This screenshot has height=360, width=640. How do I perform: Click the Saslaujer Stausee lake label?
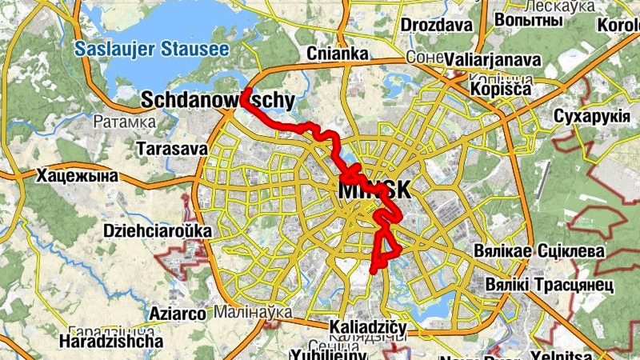(152, 50)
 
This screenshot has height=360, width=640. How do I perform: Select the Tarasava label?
(172, 150)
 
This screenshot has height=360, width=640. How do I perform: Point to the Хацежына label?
(77, 176)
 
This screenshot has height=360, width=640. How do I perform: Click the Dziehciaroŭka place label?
(158, 231)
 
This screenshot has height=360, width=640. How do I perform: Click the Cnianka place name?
(338, 54)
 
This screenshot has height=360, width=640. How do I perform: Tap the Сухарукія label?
(593, 118)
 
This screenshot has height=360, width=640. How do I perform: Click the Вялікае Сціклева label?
(550, 251)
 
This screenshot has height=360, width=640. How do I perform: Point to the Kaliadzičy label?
(369, 328)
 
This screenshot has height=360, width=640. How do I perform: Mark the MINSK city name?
(374, 190)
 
